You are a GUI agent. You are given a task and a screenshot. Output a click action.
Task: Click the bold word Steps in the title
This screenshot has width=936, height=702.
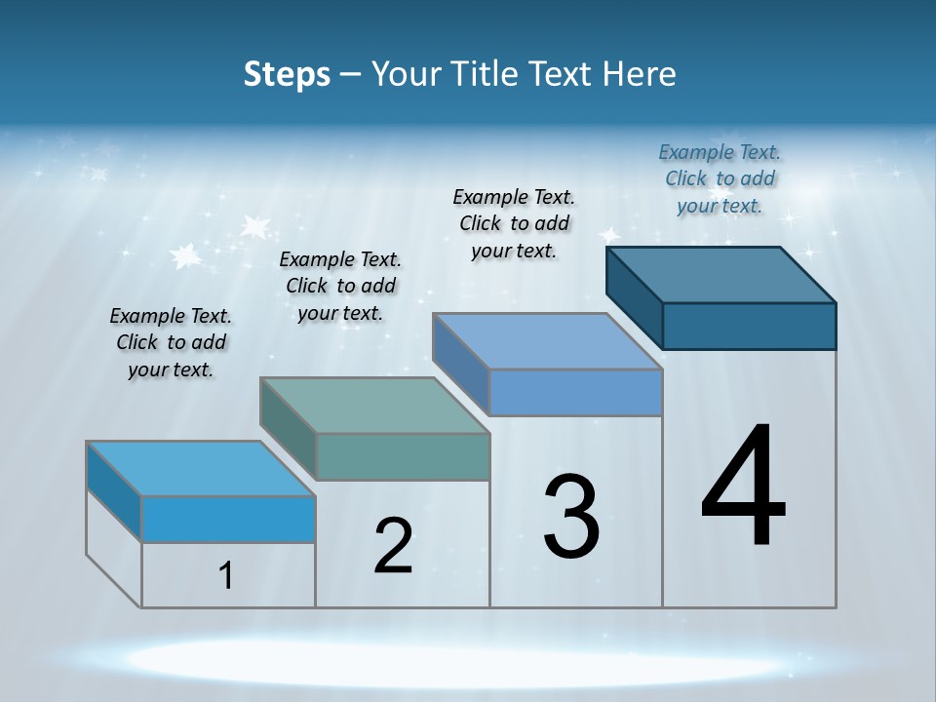tap(287, 74)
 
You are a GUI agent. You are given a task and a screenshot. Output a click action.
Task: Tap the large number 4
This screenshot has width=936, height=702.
tap(743, 487)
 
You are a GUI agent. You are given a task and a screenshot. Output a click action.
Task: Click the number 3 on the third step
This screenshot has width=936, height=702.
tap(571, 517)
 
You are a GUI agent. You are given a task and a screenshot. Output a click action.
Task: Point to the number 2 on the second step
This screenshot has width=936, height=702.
tap(393, 546)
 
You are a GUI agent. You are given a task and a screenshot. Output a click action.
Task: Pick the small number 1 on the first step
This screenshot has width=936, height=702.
tap(226, 576)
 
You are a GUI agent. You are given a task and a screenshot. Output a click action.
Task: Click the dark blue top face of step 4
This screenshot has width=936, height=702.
tap(721, 274)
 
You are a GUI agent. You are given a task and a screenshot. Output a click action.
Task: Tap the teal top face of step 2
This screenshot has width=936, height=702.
tap(375, 405)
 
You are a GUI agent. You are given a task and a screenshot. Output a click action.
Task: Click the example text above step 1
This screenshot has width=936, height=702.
tap(171, 342)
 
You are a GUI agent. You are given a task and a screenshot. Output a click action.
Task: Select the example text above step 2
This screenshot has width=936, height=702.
tap(340, 286)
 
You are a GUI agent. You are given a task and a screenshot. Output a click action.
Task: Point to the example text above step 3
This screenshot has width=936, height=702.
tap(514, 223)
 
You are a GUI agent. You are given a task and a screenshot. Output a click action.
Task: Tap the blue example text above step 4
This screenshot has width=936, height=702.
tap(720, 178)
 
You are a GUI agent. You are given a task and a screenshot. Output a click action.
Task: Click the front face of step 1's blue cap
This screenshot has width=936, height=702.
tap(228, 519)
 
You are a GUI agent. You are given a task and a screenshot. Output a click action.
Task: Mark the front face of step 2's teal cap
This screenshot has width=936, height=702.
tap(403, 456)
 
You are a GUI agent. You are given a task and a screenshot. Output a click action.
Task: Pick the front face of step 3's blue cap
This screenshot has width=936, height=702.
tap(575, 392)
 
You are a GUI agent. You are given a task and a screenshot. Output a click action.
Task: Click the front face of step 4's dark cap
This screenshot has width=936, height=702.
tap(749, 326)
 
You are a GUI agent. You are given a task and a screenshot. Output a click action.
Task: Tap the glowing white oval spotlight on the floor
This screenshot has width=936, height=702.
tap(468, 660)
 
